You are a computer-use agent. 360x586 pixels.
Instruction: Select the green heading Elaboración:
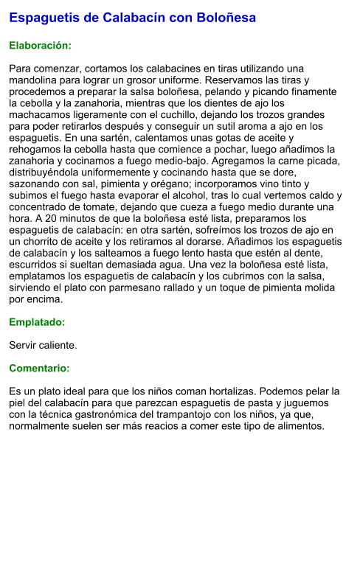40,46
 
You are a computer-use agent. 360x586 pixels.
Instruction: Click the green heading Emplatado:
37,322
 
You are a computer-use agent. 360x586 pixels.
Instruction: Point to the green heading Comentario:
39,368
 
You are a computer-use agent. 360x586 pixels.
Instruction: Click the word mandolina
32,80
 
